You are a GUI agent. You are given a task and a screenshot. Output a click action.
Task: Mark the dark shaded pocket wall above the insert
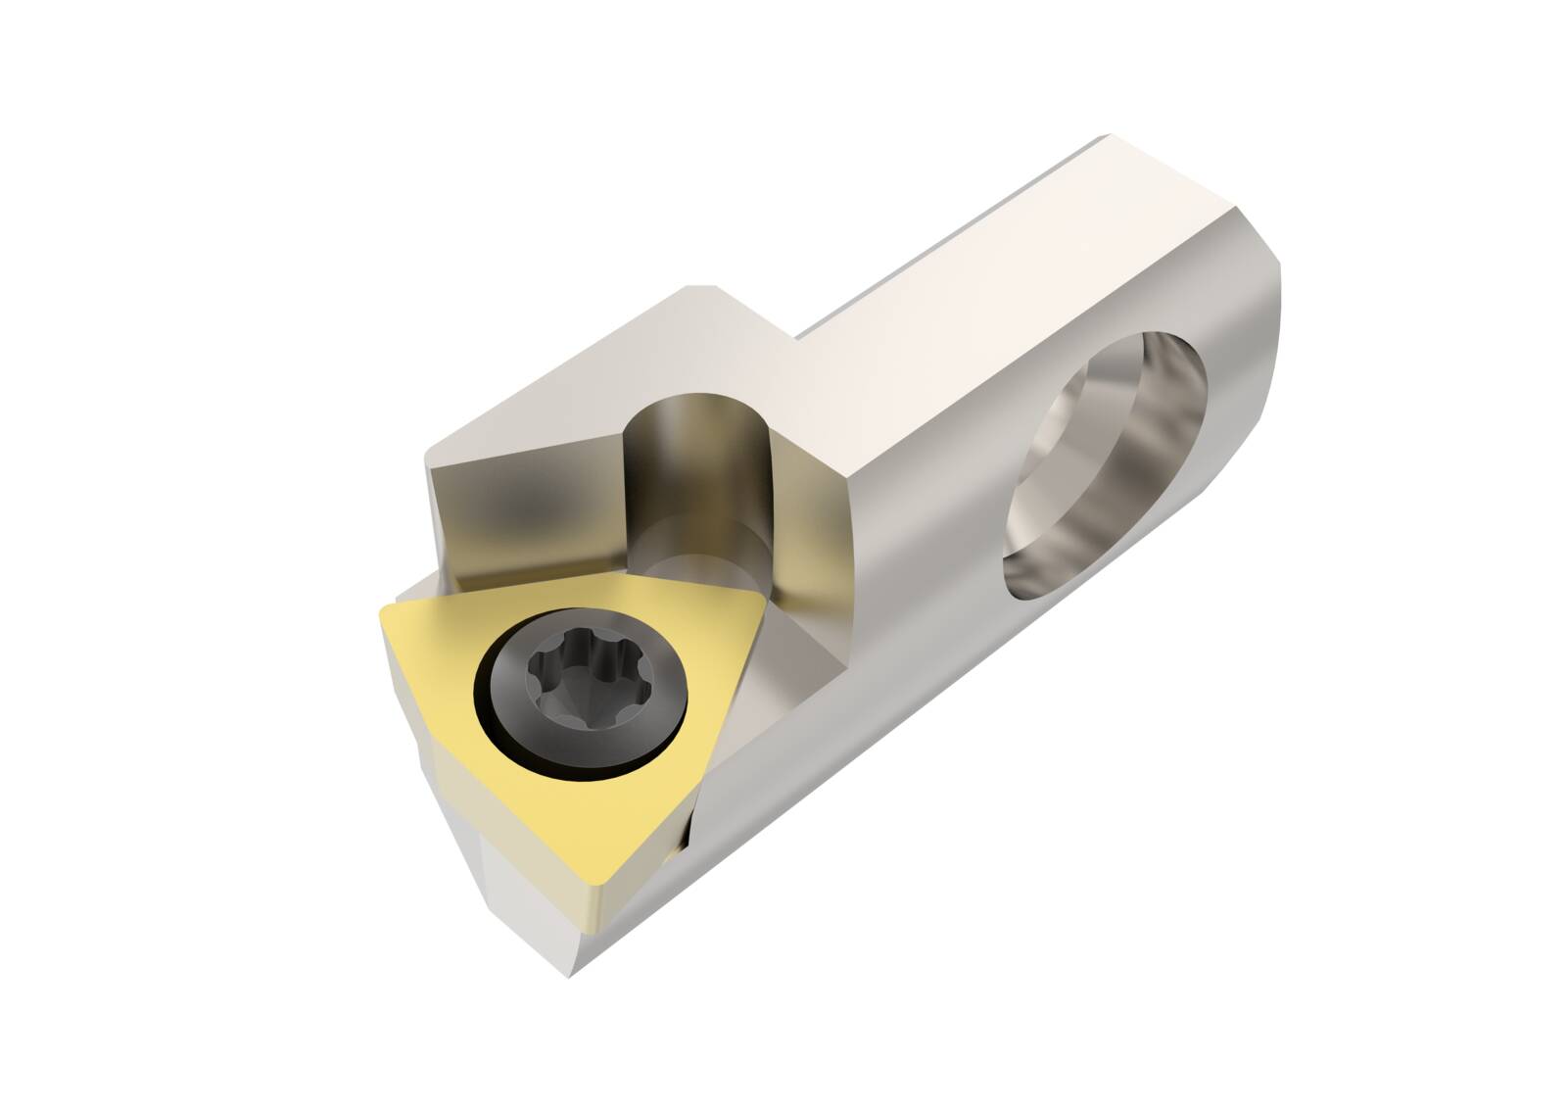519,509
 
